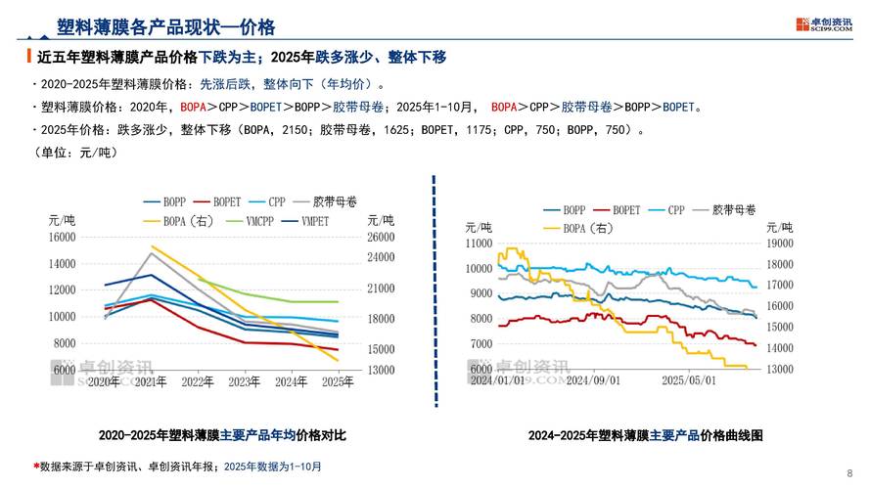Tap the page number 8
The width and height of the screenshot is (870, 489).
848,471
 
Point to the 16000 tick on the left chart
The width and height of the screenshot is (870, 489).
62,237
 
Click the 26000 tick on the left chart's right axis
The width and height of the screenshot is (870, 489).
380,237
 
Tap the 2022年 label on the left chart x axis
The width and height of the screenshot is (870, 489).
199,380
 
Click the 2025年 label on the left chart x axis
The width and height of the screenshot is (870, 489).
337,380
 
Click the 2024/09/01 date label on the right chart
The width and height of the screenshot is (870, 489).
593,379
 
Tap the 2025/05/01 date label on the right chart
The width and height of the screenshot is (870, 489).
690,379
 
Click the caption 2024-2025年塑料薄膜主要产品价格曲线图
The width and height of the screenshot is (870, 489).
645,434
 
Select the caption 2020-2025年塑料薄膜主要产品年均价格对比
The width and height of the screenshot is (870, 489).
223,434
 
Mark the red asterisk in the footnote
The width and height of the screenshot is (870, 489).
36,467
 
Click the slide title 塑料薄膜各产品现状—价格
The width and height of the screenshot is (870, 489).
165,25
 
